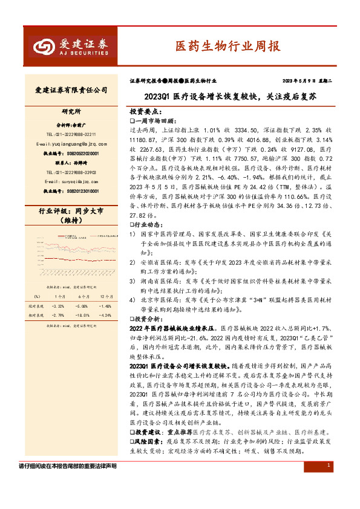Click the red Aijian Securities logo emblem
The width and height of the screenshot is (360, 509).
point(43,47)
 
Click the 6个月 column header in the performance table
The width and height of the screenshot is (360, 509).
point(83,297)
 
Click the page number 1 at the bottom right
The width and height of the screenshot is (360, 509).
point(327,465)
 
